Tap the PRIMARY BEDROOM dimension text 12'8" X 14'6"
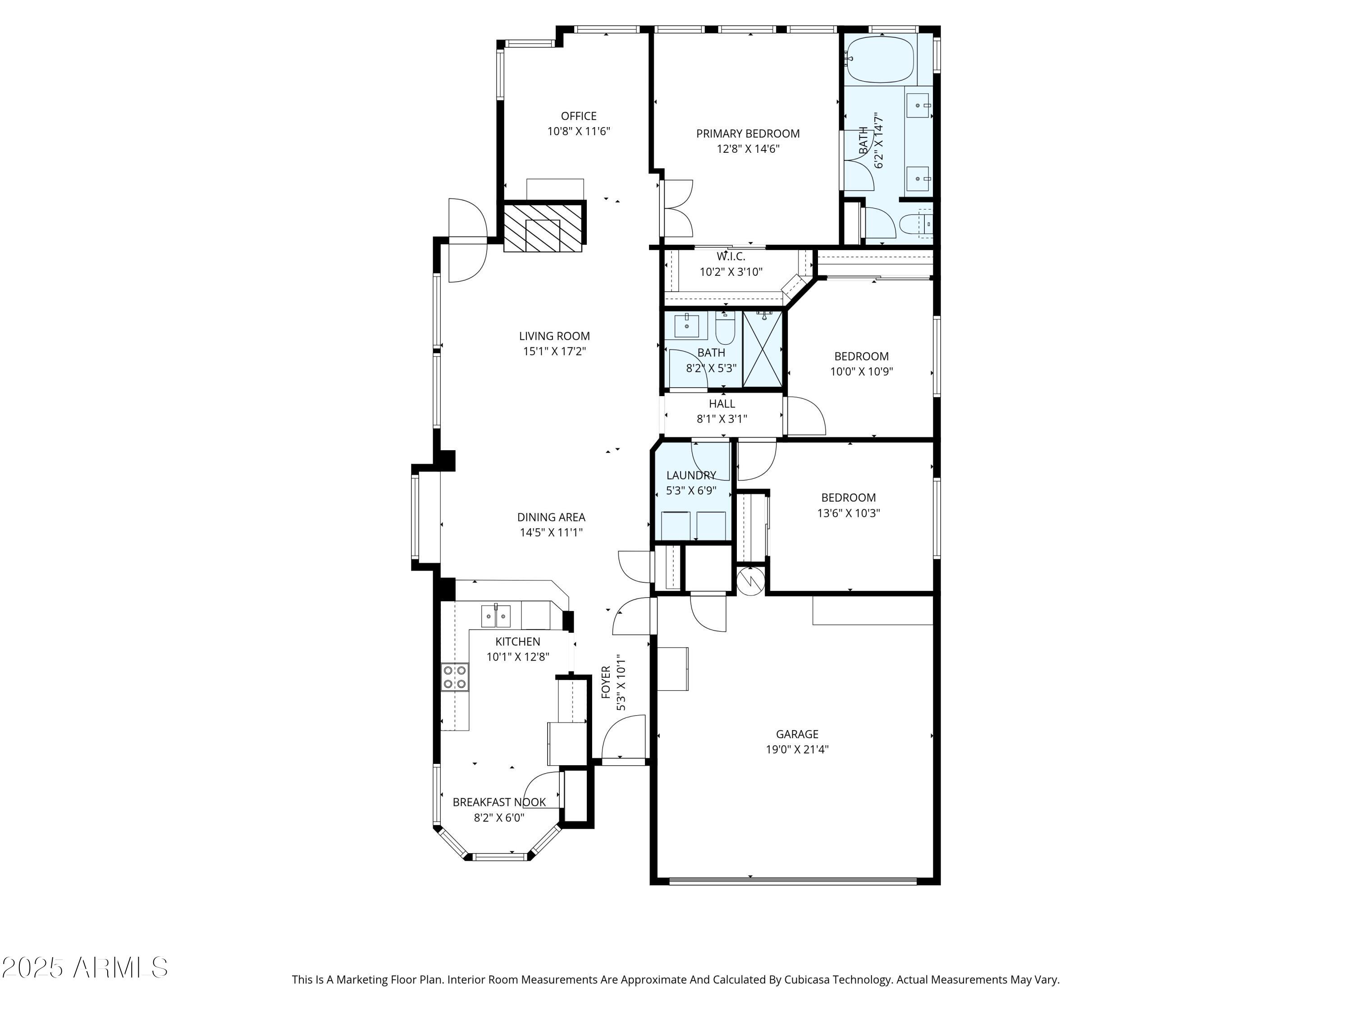tap(748, 149)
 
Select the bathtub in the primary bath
tap(880, 60)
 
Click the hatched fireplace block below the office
tap(543, 227)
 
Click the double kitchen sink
tap(496, 616)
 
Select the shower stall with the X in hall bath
tap(762, 349)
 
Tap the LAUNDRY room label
tap(691, 475)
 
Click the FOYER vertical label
tap(606, 682)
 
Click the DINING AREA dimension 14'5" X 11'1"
tap(551, 532)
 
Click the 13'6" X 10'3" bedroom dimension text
tap(848, 513)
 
